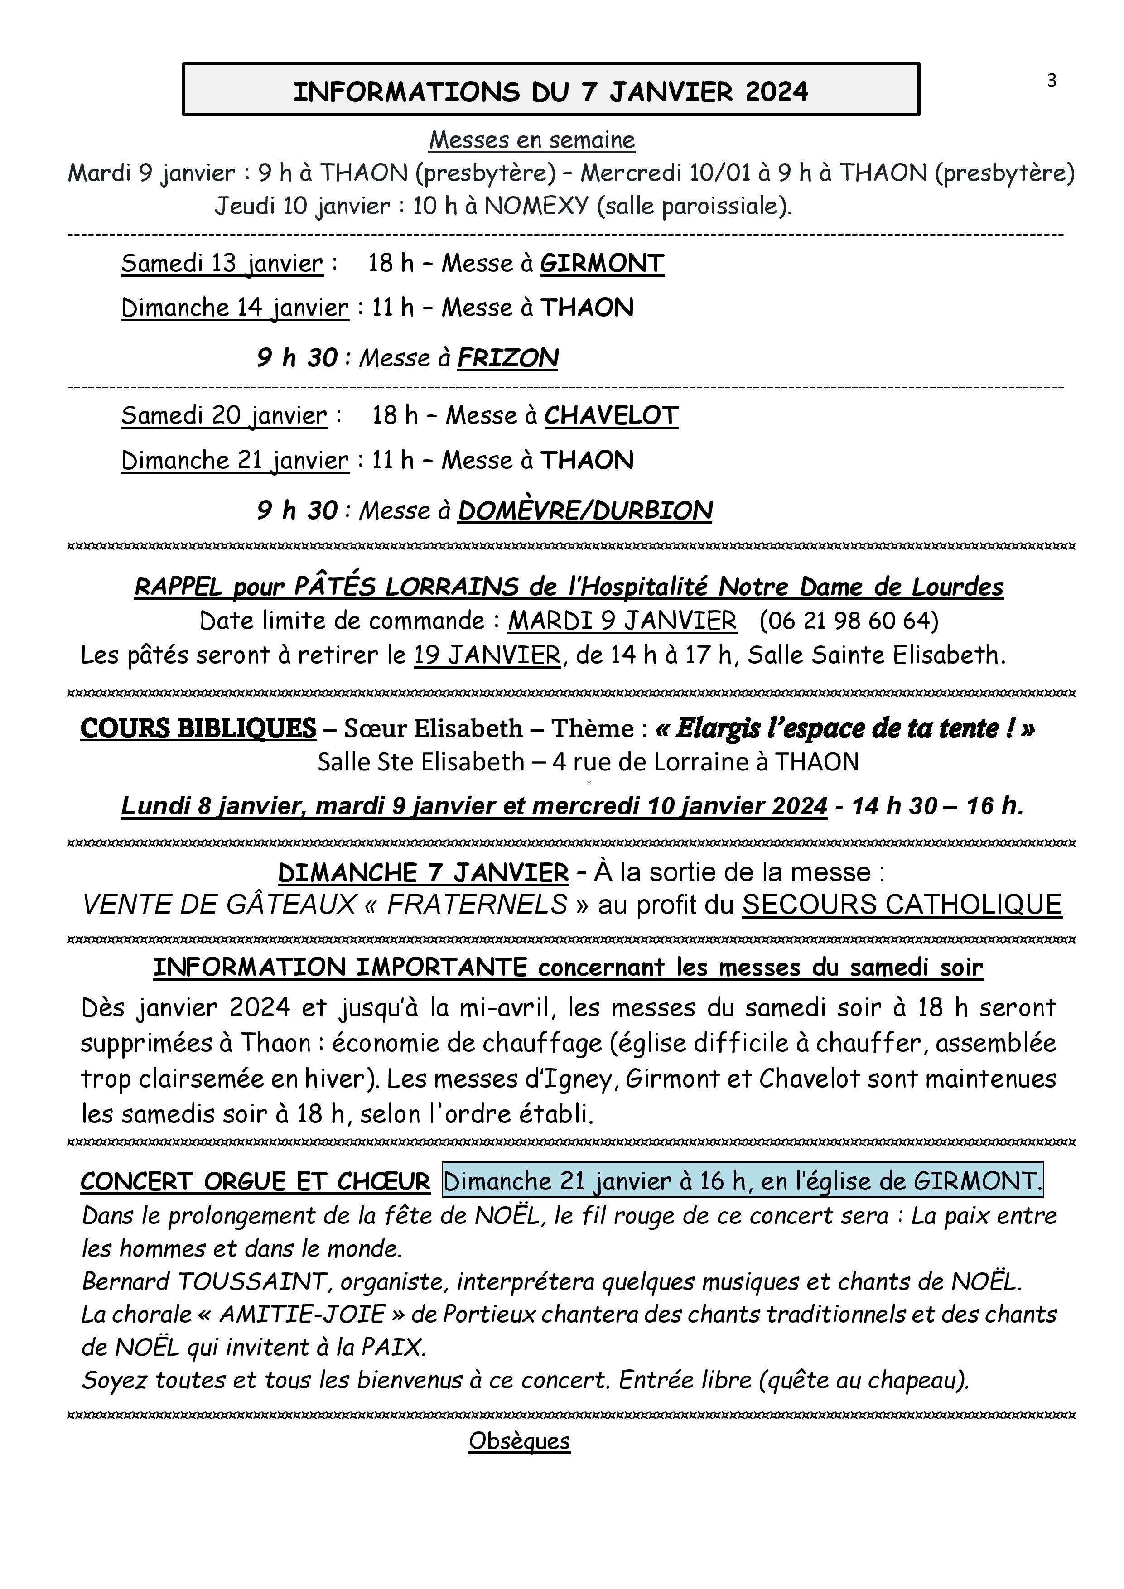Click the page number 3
pyautogui.click(x=1052, y=81)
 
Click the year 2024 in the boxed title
pyautogui.click(x=774, y=92)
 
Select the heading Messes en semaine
pyautogui.click(x=531, y=140)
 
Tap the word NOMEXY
pyautogui.click(x=536, y=206)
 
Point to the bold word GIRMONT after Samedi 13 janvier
pyautogui.click(x=602, y=263)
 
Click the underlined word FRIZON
pyautogui.click(x=507, y=358)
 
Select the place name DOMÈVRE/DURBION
pyautogui.click(x=585, y=511)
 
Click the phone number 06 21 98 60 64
pyautogui.click(x=849, y=621)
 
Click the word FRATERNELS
pyautogui.click(x=477, y=905)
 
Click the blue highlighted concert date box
pyautogui.click(x=743, y=1181)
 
